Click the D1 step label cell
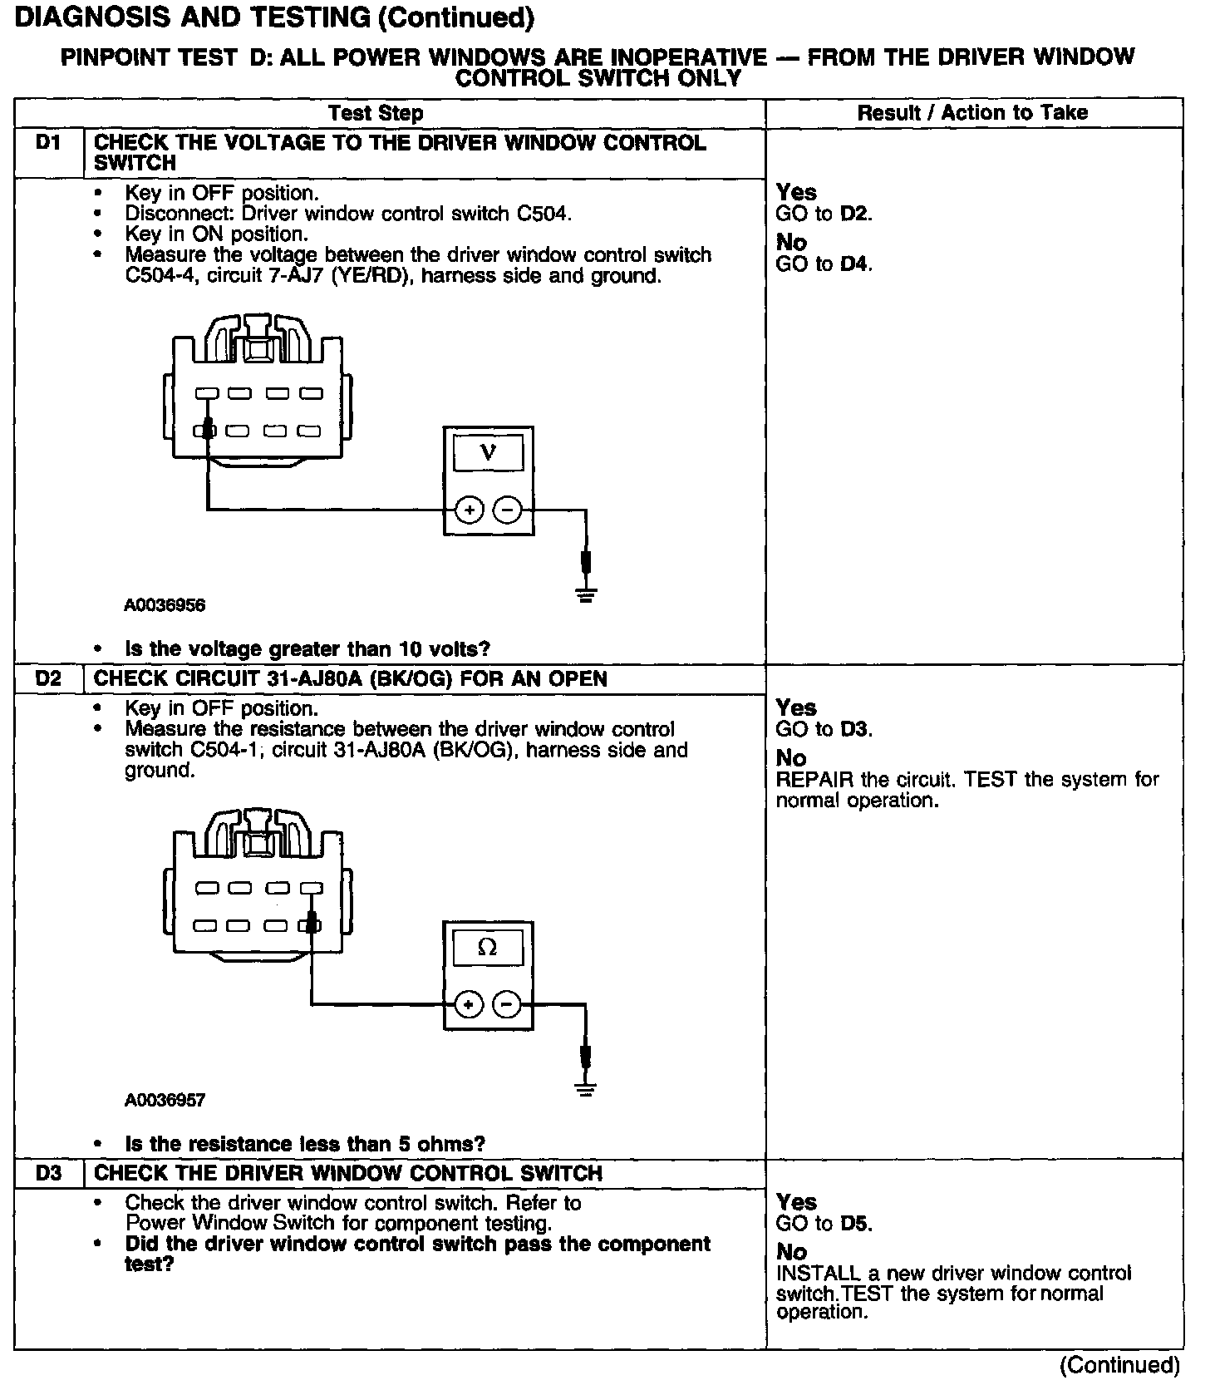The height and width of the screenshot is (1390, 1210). [48, 143]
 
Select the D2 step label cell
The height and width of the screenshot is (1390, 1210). [48, 678]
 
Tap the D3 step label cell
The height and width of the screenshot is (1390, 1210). [48, 1173]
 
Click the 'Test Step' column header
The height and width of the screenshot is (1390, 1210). [376, 113]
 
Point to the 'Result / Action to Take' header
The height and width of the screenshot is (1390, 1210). [972, 112]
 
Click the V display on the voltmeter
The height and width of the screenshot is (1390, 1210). [488, 454]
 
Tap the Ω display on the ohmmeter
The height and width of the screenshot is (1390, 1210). [488, 948]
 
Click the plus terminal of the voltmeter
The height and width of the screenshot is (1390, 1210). [470, 510]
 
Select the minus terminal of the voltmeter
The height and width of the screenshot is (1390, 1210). [507, 510]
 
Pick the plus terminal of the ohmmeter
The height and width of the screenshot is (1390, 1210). [470, 1004]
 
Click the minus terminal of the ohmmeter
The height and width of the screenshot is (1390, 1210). [507, 1004]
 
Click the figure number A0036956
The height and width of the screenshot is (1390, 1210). [165, 605]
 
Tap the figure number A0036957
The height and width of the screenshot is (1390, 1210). [165, 1100]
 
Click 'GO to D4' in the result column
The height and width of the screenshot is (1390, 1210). [824, 264]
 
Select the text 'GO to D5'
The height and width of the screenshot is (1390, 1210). [824, 1223]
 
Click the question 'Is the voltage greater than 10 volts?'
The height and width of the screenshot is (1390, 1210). [307, 648]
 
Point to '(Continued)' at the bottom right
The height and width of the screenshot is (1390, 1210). [1119, 1365]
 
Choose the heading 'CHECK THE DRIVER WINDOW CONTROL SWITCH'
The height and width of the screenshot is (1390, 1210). [347, 1173]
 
